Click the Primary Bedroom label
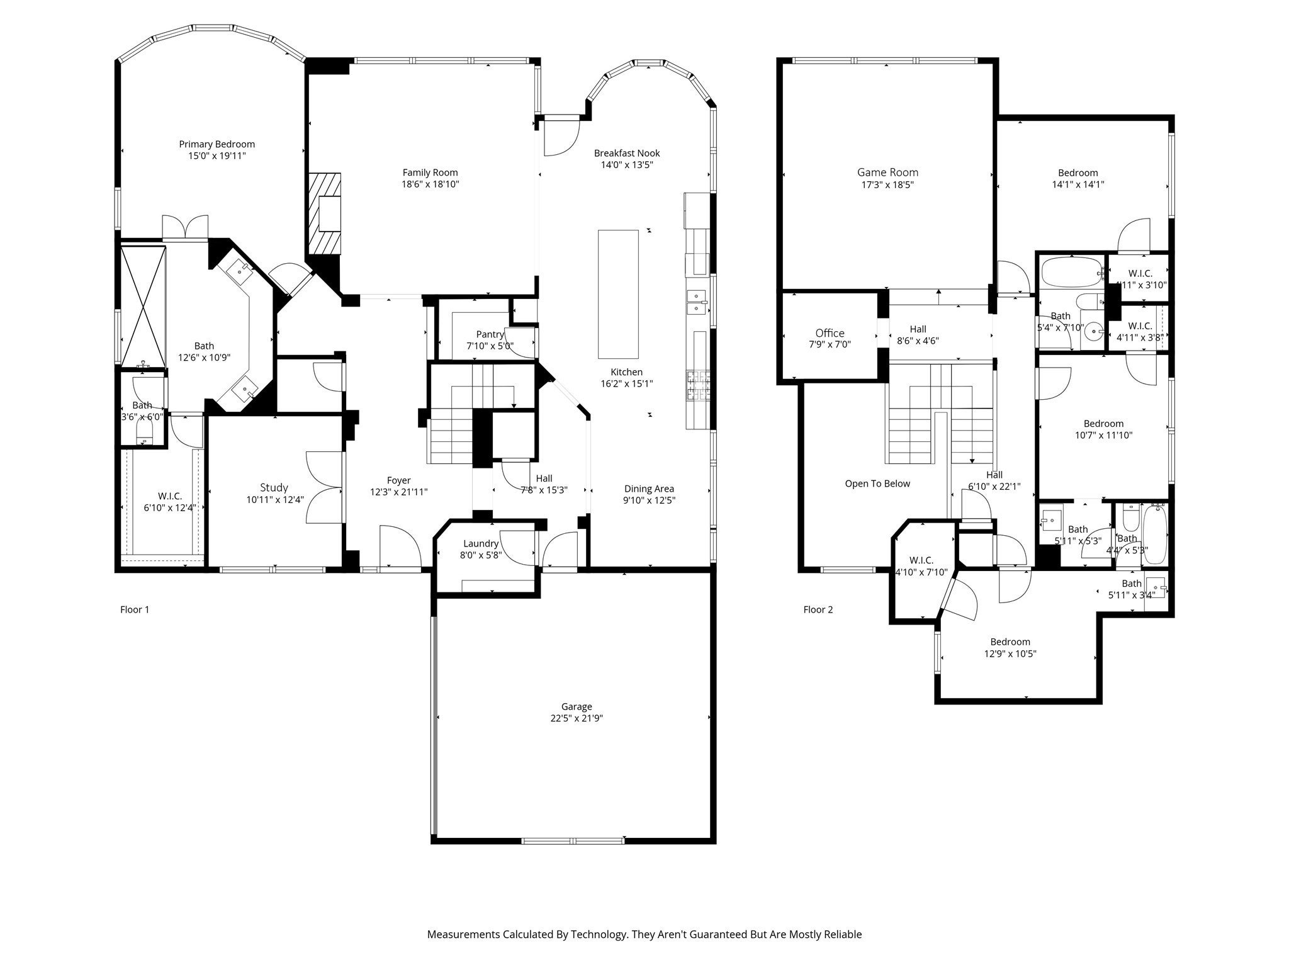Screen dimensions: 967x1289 [x=217, y=144]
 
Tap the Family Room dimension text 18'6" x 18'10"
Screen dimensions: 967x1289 [x=430, y=184]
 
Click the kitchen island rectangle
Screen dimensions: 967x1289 [x=617, y=293]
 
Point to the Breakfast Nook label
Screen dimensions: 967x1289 [x=627, y=153]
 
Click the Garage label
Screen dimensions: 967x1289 [x=577, y=706]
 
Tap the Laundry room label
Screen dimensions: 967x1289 [x=480, y=543]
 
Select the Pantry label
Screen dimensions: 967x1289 [x=490, y=334]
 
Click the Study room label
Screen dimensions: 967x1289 [x=274, y=487]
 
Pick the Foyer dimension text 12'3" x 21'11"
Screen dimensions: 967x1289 [x=398, y=492]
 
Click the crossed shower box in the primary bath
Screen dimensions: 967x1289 [x=144, y=307]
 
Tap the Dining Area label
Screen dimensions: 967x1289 [x=649, y=489]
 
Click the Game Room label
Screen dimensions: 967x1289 [x=887, y=172]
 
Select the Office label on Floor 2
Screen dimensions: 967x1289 [x=830, y=333]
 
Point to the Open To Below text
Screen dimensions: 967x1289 [x=877, y=483]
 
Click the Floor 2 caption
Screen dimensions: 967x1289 [x=818, y=609]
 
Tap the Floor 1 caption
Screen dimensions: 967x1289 [x=135, y=609]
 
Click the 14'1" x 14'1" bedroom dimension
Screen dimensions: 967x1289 [x=1078, y=184]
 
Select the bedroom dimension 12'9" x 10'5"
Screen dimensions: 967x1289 [x=1010, y=653]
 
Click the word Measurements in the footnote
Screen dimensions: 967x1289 [x=463, y=934]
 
